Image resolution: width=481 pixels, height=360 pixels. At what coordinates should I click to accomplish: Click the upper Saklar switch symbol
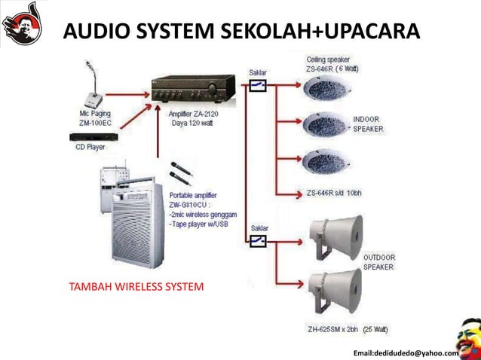(x=257, y=86)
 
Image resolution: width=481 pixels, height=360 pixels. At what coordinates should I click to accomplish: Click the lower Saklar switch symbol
(x=257, y=240)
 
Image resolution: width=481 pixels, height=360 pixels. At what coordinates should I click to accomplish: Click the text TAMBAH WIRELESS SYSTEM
(x=136, y=287)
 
